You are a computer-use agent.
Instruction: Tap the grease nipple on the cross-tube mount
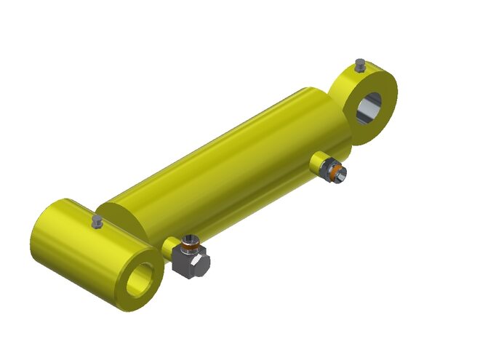tap(97, 221)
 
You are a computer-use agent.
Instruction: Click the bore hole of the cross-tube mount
tap(143, 279)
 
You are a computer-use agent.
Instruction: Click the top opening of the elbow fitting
tap(189, 239)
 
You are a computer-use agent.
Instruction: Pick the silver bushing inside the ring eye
tap(364, 109)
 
